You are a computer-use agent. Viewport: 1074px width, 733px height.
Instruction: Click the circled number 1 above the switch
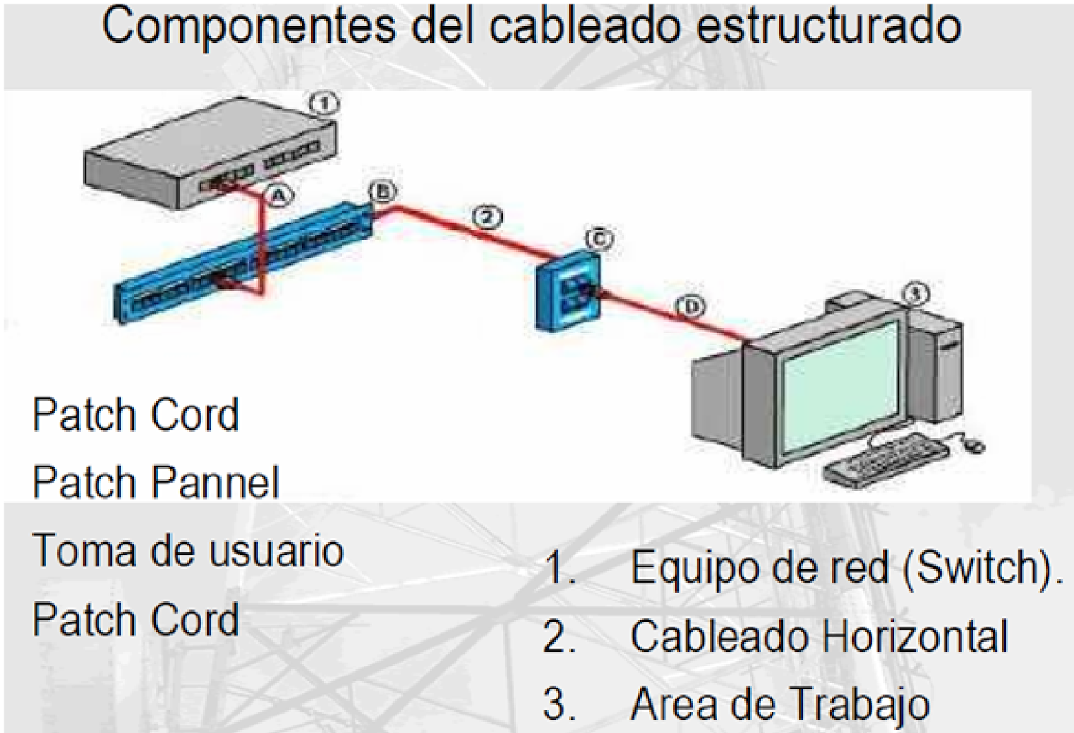325,104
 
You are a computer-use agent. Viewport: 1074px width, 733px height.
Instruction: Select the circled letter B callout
382,192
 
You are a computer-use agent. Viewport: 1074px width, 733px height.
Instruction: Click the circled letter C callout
599,238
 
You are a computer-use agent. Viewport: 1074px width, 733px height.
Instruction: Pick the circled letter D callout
691,307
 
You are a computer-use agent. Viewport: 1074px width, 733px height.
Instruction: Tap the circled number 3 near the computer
916,293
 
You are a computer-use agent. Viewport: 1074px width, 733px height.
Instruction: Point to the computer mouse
974,444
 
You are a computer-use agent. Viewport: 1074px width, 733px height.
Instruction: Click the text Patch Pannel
155,482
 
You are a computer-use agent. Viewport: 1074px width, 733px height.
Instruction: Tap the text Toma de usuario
187,550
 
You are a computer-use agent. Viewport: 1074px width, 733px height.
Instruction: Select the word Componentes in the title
248,27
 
